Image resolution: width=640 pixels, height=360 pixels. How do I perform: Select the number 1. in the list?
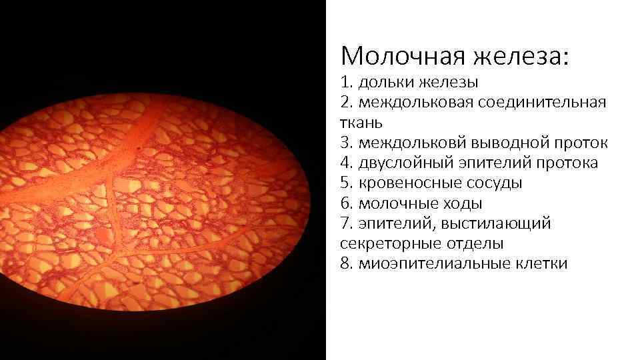[346, 83]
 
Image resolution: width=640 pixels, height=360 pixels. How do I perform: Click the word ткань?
[358, 123]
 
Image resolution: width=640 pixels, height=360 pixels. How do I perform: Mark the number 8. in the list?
[346, 263]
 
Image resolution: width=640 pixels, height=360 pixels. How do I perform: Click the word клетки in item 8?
[543, 263]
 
